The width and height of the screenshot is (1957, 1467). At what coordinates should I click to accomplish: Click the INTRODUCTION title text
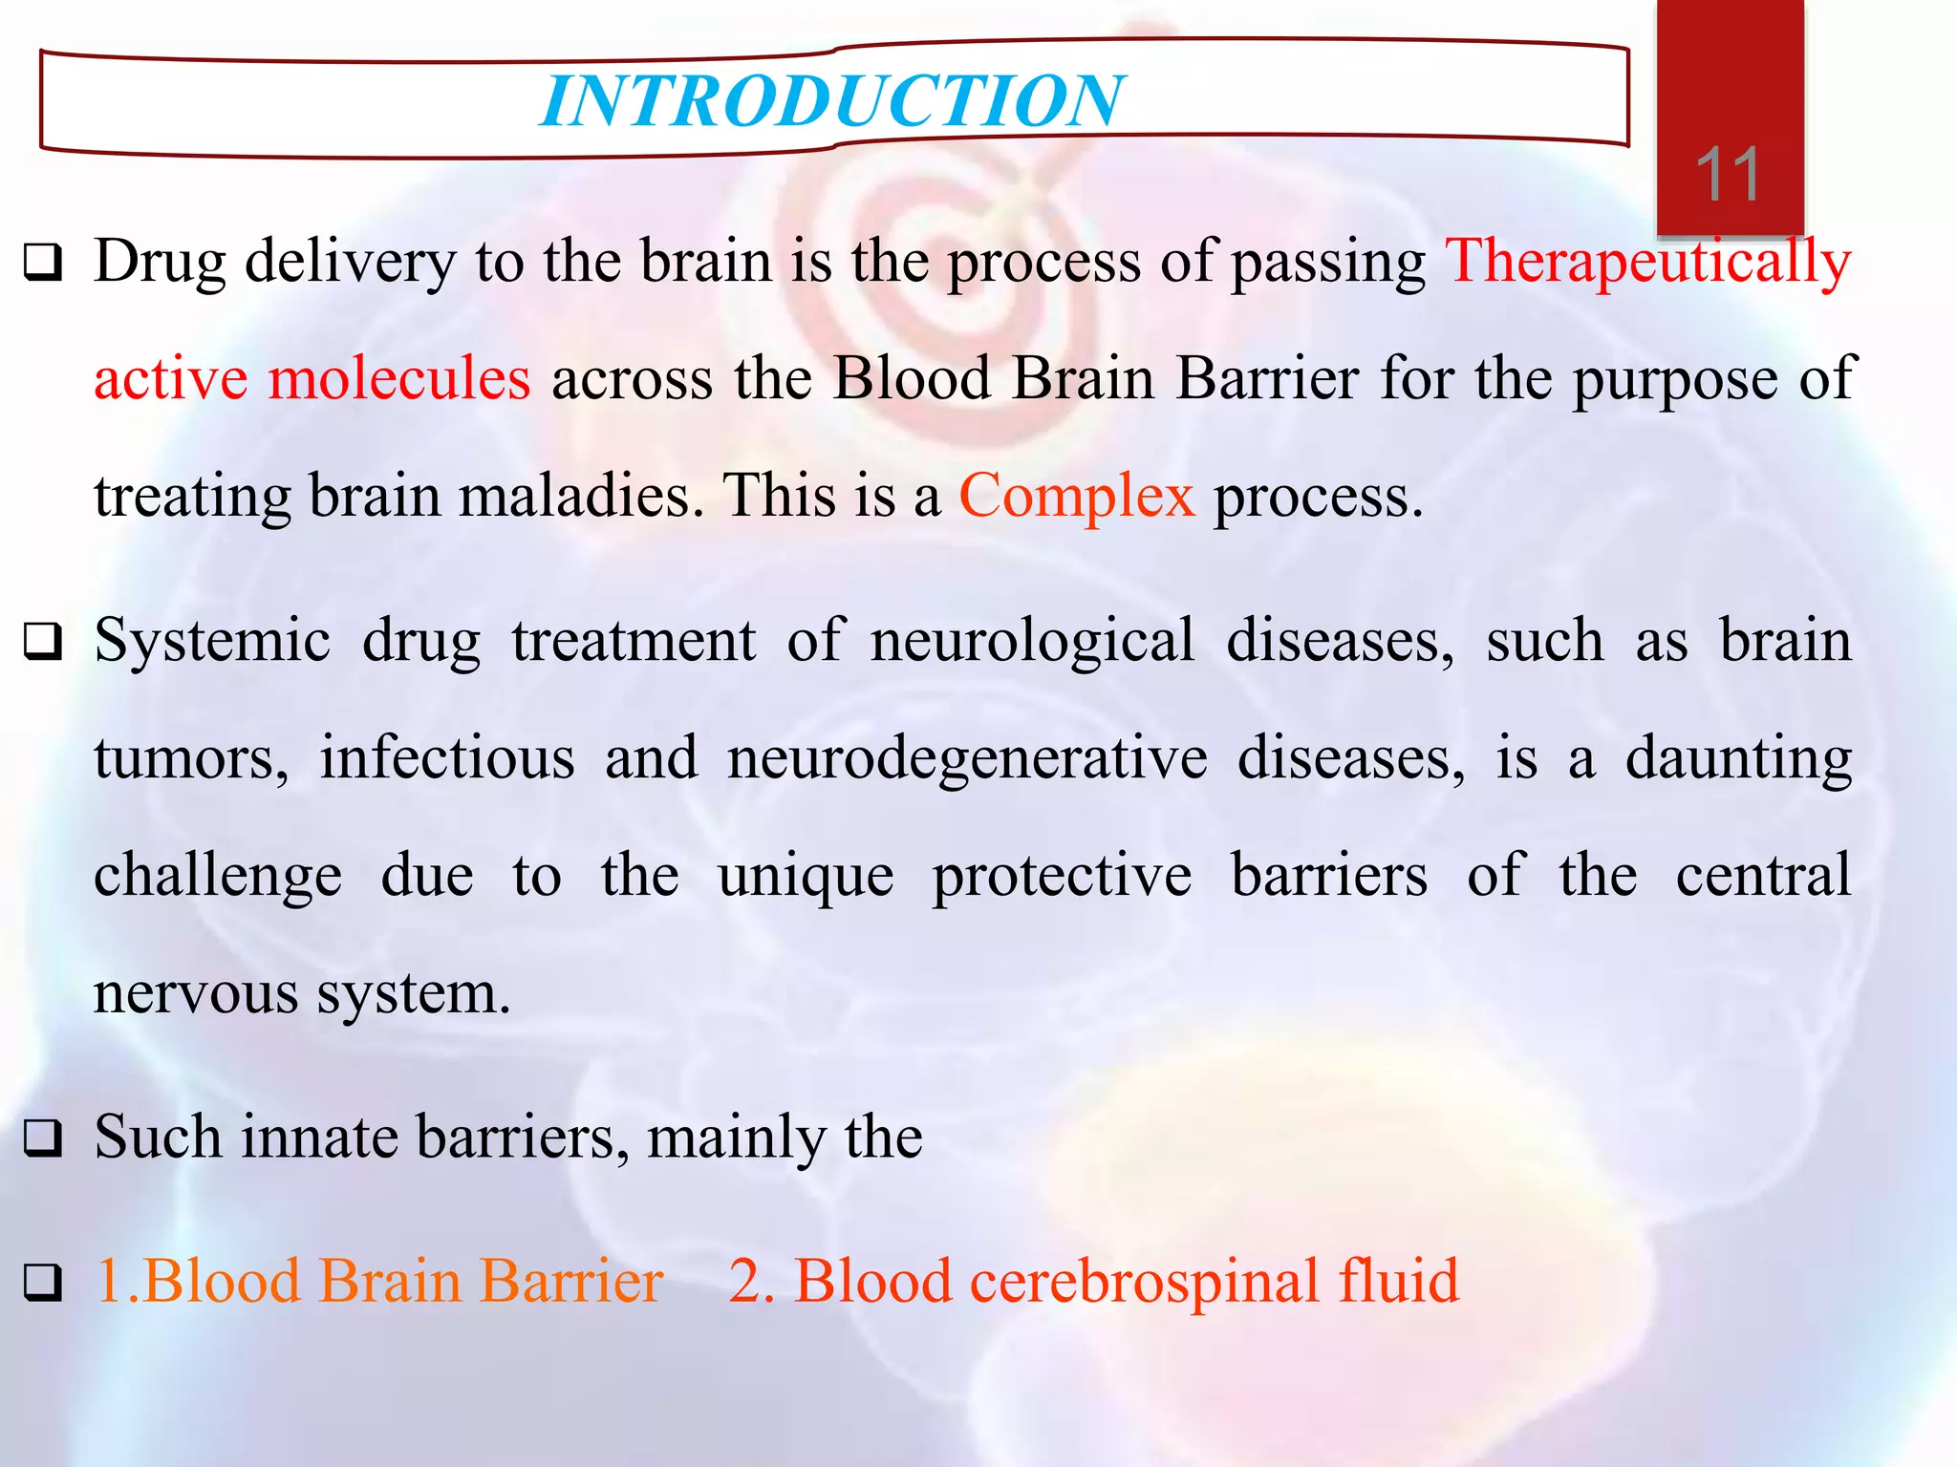coord(831,101)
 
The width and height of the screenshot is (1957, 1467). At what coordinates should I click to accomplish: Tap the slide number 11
coord(1728,176)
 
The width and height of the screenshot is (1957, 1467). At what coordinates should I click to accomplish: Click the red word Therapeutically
coord(1647,262)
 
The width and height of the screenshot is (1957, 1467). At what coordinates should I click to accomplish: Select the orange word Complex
coord(1076,497)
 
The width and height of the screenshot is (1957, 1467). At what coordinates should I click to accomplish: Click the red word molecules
coord(398,378)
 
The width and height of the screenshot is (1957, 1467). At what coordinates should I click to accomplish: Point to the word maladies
coord(581,497)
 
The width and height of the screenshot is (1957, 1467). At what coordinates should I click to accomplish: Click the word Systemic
coord(212,640)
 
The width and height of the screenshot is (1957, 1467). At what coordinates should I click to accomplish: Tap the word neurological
coord(1032,640)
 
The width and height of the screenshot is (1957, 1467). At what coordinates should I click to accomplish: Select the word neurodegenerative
coord(967,758)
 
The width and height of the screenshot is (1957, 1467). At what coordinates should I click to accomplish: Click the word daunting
coord(1739,758)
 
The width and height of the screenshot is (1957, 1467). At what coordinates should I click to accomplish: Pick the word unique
coord(806,876)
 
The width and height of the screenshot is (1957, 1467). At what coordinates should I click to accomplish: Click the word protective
coord(1062,876)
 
